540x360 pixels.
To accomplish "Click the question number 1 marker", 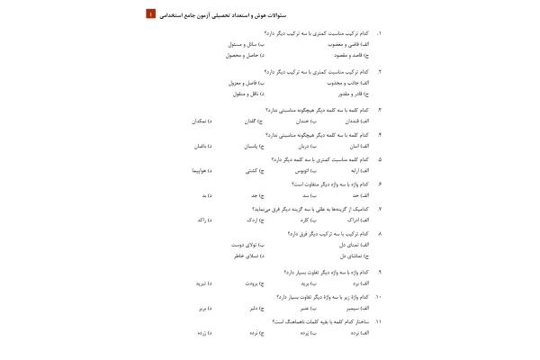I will coord(379,32).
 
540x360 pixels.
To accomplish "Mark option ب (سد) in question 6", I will coord(305,194).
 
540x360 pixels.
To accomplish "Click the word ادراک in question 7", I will coord(357,220).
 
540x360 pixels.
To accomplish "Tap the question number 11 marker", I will coord(379,320).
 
